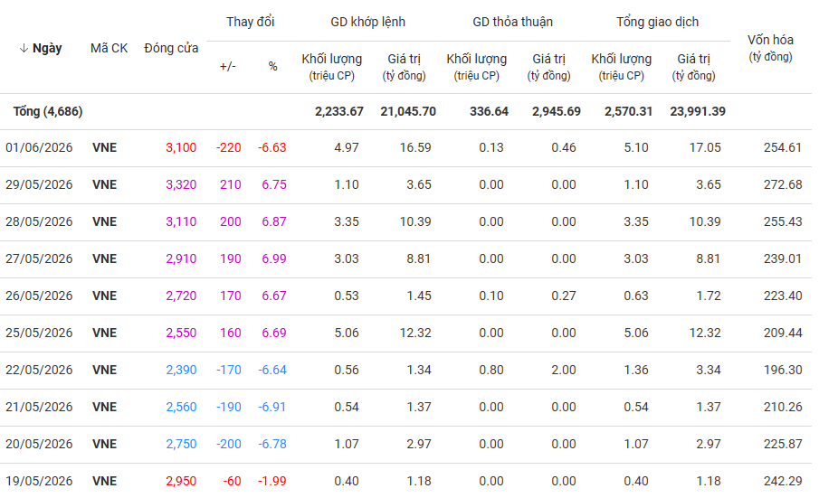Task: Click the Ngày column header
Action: pyautogui.click(x=47, y=49)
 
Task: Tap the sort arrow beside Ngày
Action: pyautogui.click(x=24, y=49)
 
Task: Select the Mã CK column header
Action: pyautogui.click(x=109, y=49)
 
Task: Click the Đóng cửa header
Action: pyautogui.click(x=171, y=49)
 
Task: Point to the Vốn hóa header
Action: pyautogui.click(x=770, y=48)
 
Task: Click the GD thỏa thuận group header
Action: pyautogui.click(x=512, y=22)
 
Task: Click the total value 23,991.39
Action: pyautogui.click(x=698, y=111)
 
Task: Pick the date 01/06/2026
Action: pyautogui.click(x=39, y=148)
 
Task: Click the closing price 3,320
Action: pyautogui.click(x=181, y=185)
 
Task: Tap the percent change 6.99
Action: pyautogui.click(x=274, y=259)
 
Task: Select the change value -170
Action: pyautogui.click(x=229, y=371)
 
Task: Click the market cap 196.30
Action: pyautogui.click(x=783, y=371)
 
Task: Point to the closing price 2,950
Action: pyautogui.click(x=181, y=482)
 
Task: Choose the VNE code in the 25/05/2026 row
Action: pyautogui.click(x=104, y=334)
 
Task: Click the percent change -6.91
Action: pyautogui.click(x=272, y=408)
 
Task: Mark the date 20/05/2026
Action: pyautogui.click(x=39, y=445)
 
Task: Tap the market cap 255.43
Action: pyautogui.click(x=783, y=222)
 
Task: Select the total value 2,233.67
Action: pyautogui.click(x=339, y=111)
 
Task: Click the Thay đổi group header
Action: pyautogui.click(x=250, y=22)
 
